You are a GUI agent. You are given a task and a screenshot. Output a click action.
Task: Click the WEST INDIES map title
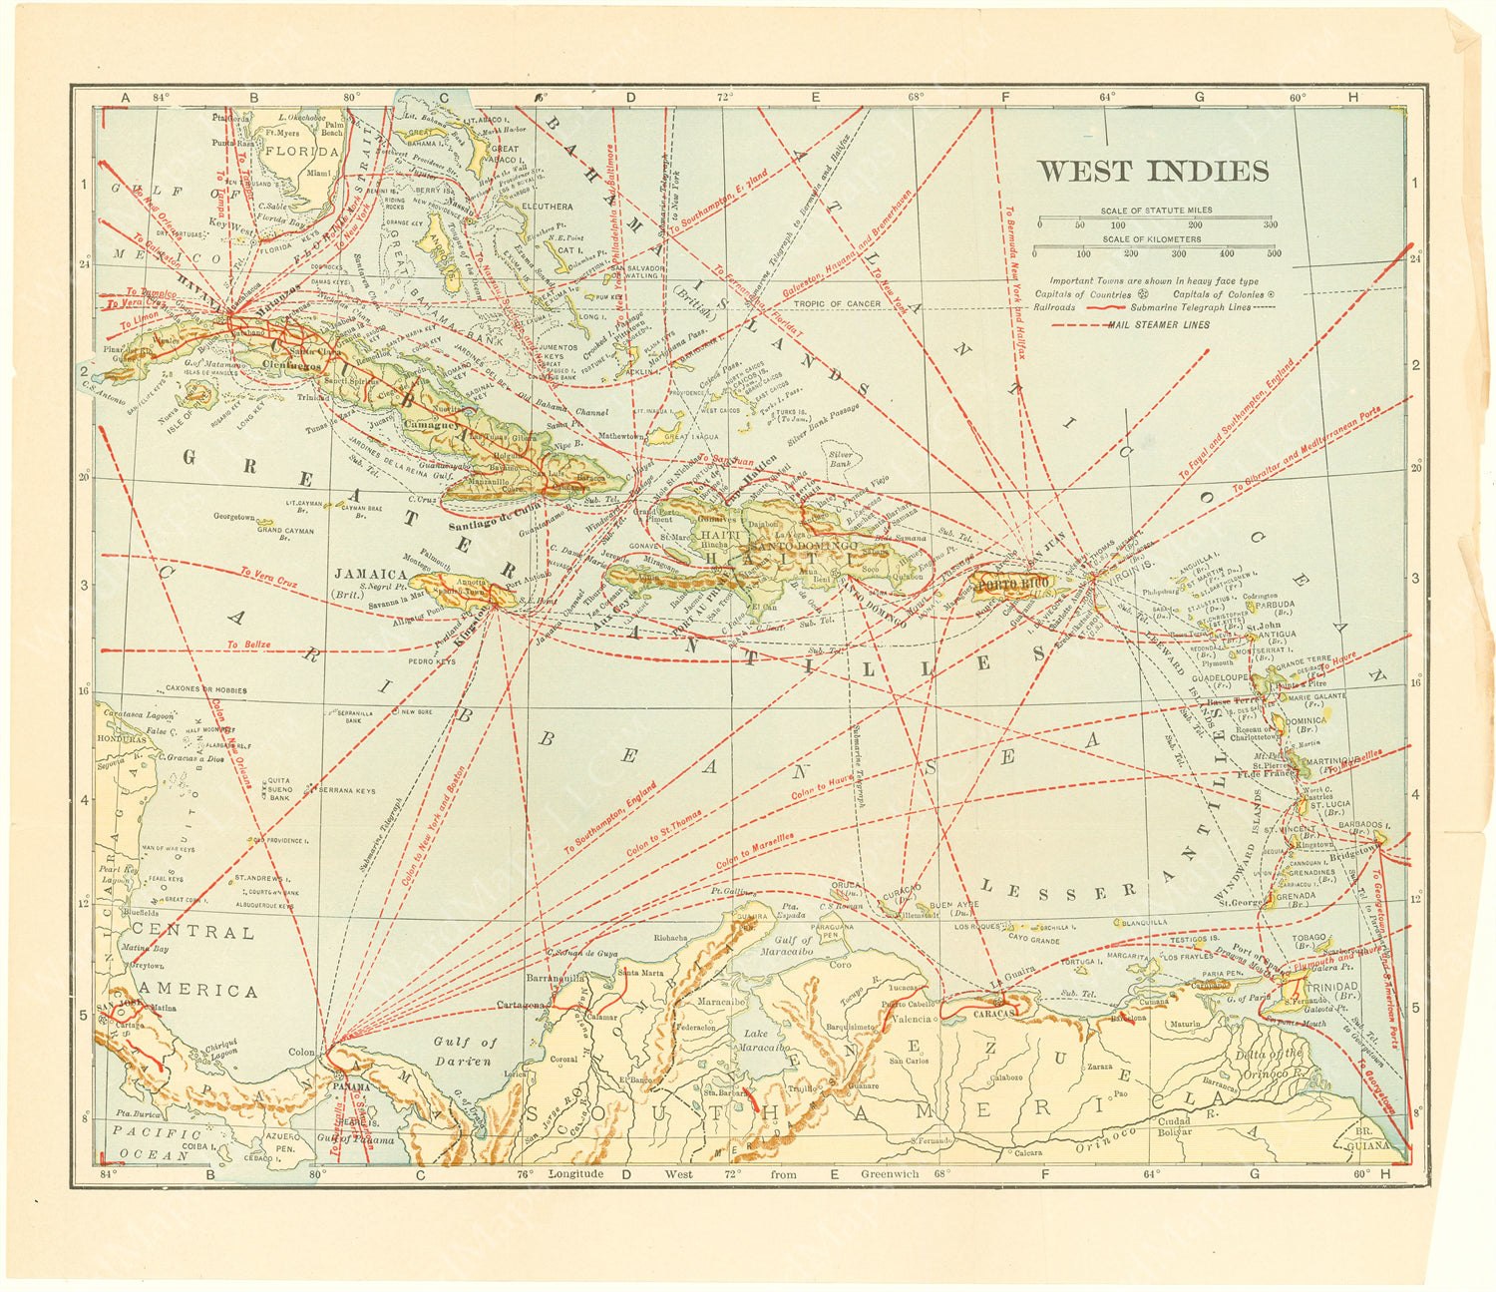tap(1153, 171)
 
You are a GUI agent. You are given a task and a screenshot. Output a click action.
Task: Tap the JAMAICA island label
tap(370, 575)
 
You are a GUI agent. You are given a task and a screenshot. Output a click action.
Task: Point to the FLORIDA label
tap(300, 152)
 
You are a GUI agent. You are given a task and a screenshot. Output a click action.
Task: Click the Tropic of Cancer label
tap(837, 304)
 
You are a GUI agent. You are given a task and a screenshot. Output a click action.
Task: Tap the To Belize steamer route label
tap(247, 645)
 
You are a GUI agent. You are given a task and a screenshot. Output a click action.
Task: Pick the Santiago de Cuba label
tap(495, 519)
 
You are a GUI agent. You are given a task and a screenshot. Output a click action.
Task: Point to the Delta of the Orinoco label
tap(1264, 1063)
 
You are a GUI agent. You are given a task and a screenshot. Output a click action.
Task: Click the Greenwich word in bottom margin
tap(890, 1174)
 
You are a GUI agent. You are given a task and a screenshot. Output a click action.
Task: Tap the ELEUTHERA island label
tap(546, 207)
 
